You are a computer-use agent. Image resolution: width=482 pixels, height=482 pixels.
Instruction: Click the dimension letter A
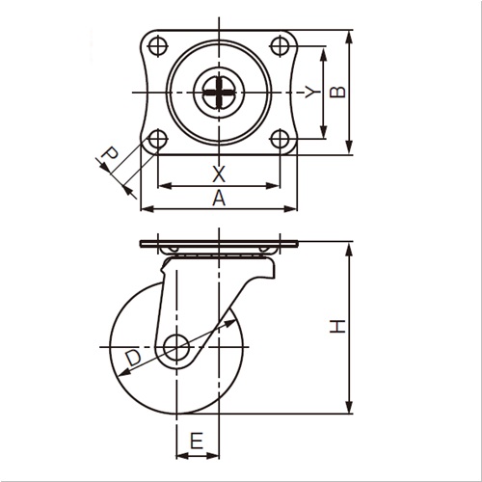tap(219, 198)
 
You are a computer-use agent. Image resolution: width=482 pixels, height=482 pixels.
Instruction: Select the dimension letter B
tap(337, 92)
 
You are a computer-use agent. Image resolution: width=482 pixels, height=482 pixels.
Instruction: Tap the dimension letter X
tap(219, 174)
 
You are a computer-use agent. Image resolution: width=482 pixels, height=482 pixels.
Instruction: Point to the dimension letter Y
tap(312, 92)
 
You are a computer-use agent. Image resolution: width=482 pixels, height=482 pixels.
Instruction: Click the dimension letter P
tap(109, 154)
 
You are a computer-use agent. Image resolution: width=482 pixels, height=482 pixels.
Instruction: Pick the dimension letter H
tap(337, 327)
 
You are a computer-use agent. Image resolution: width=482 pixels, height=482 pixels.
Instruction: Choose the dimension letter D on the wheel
tap(133, 358)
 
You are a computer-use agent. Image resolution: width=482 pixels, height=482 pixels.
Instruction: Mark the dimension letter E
tap(197, 441)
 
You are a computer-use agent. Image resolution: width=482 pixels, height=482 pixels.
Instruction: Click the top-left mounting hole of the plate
tap(158, 46)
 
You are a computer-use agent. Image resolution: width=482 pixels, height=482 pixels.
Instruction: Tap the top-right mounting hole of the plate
tap(280, 46)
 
